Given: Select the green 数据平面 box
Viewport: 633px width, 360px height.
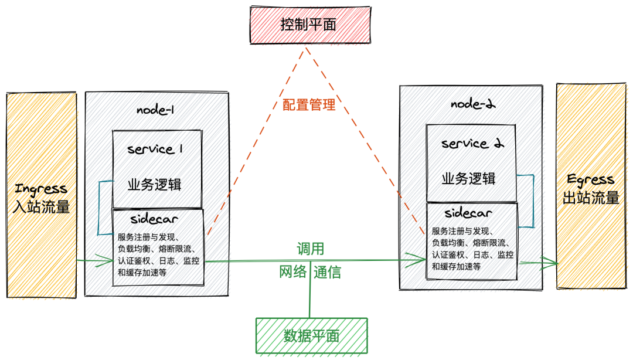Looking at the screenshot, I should pyautogui.click(x=311, y=336).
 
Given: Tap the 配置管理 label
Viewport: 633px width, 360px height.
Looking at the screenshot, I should pyautogui.click(x=309, y=105).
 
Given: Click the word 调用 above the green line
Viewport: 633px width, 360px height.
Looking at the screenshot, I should pyautogui.click(x=310, y=248).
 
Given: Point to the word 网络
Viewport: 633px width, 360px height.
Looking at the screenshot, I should pyautogui.click(x=292, y=271).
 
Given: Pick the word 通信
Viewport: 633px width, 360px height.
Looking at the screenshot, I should pyautogui.click(x=327, y=272).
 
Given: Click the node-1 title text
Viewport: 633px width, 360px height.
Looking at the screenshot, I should pyautogui.click(x=156, y=110).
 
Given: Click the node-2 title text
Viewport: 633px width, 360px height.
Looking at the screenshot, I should pyautogui.click(x=473, y=104).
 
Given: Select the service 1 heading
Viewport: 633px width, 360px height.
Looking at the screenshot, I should pyautogui.click(x=155, y=150).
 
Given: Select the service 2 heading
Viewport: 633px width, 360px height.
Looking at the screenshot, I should pyautogui.click(x=472, y=144).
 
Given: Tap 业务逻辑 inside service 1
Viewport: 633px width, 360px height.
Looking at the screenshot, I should pyautogui.click(x=155, y=185).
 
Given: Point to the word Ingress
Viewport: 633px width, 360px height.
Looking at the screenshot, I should pyautogui.click(x=41, y=189).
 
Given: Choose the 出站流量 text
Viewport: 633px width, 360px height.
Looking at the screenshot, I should pyautogui.click(x=591, y=198).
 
